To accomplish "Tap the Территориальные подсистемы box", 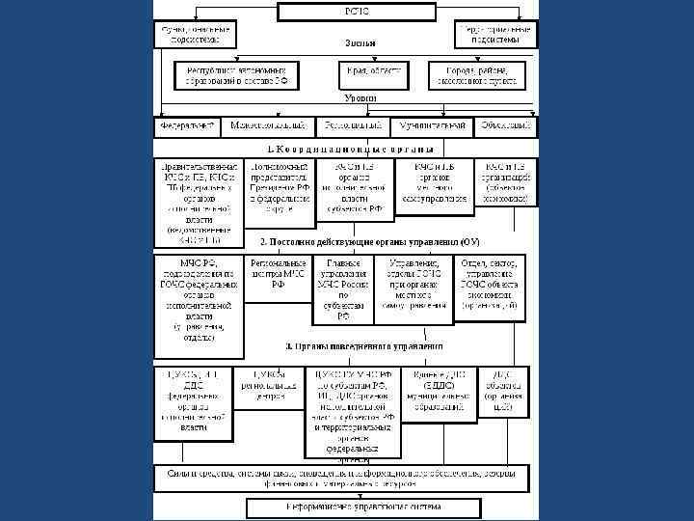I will pos(495,35).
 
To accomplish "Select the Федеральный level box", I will pos(186,126).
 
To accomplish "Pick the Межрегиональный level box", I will pos(268,126).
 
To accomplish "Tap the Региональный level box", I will pos(353,126).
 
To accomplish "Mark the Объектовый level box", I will pos(505,126).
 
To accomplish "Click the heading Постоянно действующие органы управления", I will pos(370,240).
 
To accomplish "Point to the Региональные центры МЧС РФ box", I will pos(278,273).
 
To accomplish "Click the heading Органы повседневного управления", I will pos(363,344).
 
